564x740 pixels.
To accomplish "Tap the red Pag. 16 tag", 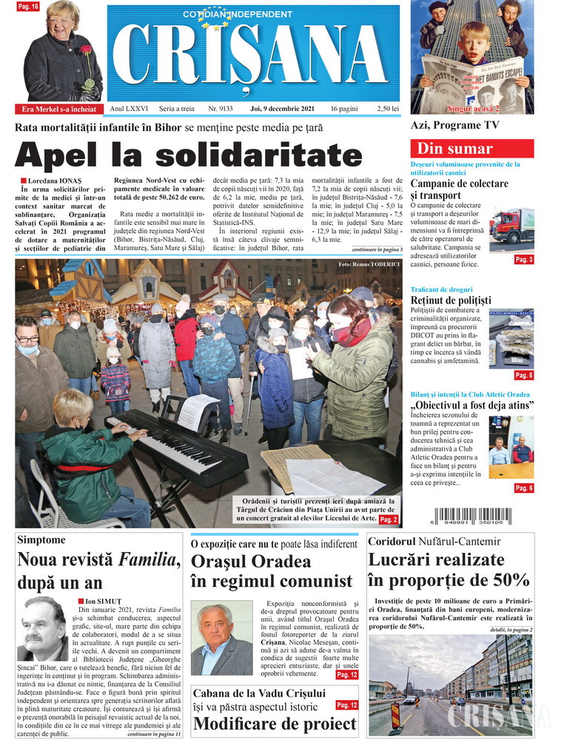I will point(28,7).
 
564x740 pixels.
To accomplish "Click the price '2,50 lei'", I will point(388,109).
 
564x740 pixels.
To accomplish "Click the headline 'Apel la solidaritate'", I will point(188,155).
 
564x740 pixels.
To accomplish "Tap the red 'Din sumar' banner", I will point(471,148).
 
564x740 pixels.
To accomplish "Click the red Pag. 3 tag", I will point(524,260).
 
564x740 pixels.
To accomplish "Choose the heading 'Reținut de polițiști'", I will point(451,300).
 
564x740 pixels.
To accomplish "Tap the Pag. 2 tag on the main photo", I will point(389,520).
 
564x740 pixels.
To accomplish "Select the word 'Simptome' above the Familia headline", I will point(41,540).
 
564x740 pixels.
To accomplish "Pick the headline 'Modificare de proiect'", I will point(264,724).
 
